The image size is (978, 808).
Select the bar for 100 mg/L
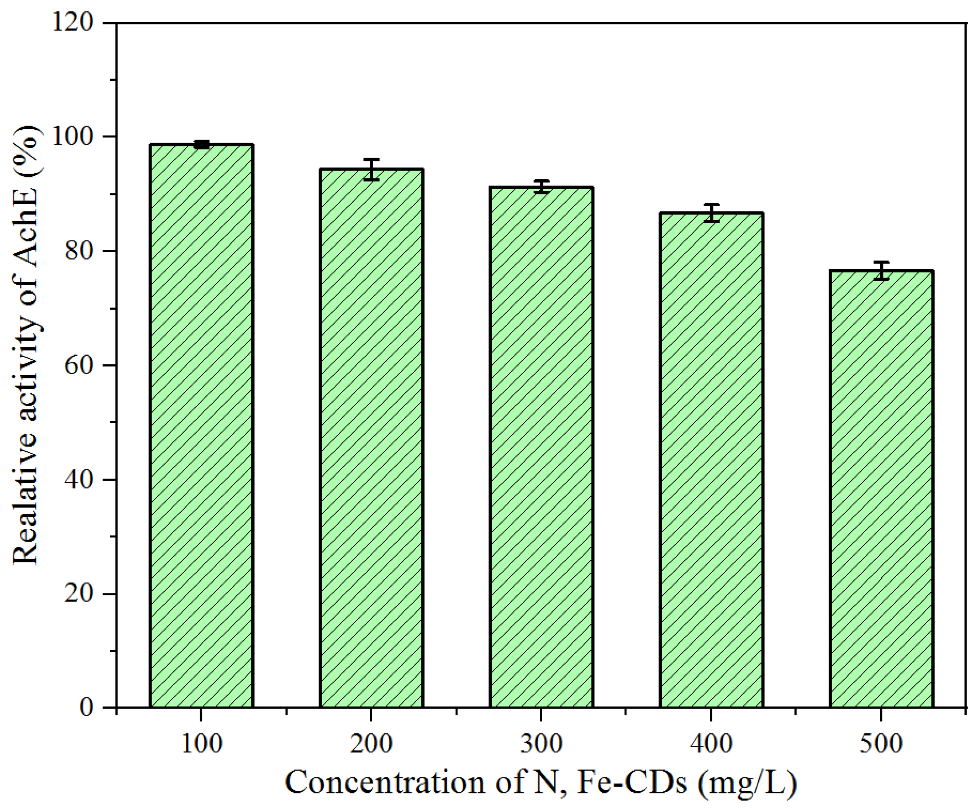click(x=201, y=426)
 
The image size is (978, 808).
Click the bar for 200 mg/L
click(x=371, y=438)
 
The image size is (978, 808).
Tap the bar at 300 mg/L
click(x=541, y=447)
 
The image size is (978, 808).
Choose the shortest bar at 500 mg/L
click(x=881, y=489)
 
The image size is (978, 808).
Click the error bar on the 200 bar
click(x=371, y=169)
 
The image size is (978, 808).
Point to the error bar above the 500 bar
click(x=881, y=271)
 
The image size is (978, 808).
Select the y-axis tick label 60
click(x=79, y=365)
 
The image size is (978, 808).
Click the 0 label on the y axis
click(x=86, y=707)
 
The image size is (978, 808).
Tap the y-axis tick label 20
click(x=79, y=593)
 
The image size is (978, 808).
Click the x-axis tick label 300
click(x=541, y=744)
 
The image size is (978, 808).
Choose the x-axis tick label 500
click(x=881, y=744)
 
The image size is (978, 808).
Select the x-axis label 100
click(x=201, y=744)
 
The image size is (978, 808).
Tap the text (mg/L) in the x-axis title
click(x=747, y=783)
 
